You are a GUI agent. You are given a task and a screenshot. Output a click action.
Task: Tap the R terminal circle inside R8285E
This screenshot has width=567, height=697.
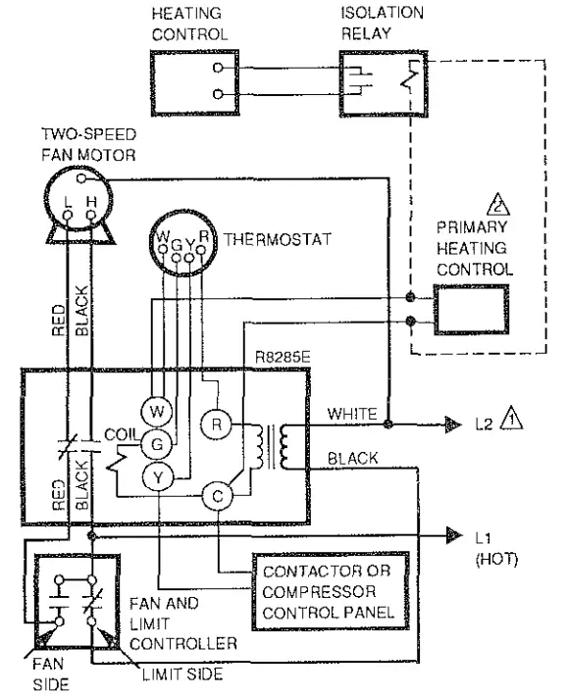[x=215, y=424]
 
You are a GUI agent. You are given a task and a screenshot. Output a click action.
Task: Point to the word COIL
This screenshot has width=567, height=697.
[x=121, y=432]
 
